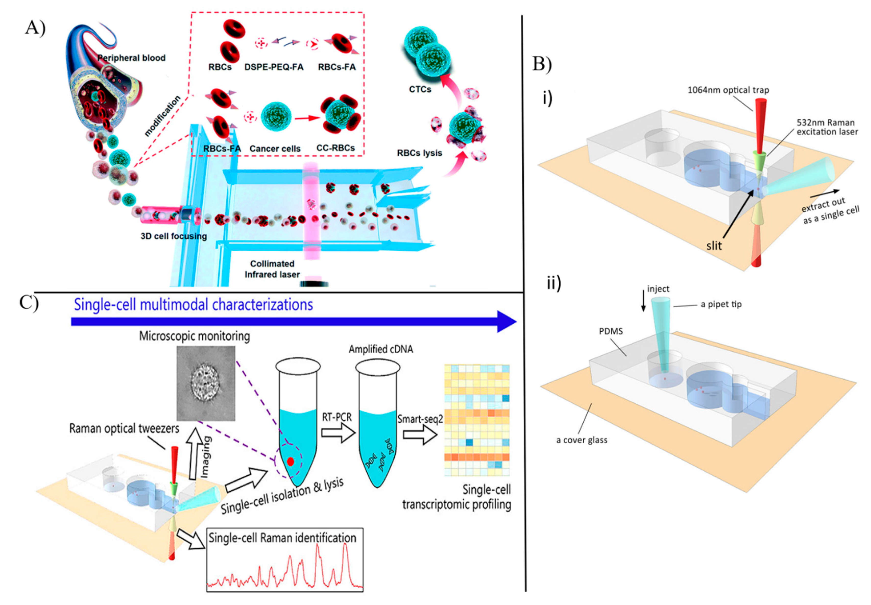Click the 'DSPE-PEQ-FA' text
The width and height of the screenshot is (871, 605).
pyautogui.click(x=274, y=67)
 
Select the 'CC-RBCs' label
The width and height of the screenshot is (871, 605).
pyautogui.click(x=335, y=148)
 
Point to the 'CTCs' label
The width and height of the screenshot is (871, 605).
pyautogui.click(x=420, y=89)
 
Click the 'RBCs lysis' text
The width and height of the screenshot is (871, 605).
pyautogui.click(x=419, y=153)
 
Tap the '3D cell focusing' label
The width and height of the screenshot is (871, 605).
pyautogui.click(x=174, y=236)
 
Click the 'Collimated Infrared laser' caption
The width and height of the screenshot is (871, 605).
pyautogui.click(x=272, y=269)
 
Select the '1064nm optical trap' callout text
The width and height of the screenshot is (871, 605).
pyautogui.click(x=728, y=90)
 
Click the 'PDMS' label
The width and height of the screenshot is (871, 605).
pyautogui.click(x=611, y=331)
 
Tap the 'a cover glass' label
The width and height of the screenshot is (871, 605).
pyautogui.click(x=582, y=440)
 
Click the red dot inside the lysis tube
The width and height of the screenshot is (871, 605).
pyautogui.click(x=290, y=461)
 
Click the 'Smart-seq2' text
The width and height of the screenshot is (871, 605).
pyautogui.click(x=420, y=419)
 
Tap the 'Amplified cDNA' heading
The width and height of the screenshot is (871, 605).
pyautogui.click(x=381, y=349)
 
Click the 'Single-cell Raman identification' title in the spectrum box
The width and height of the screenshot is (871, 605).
pyautogui.click(x=282, y=538)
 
